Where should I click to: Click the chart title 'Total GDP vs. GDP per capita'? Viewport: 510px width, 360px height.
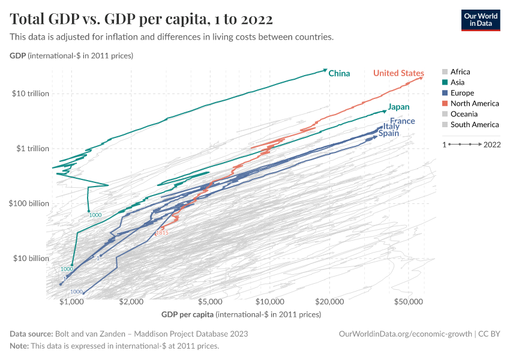(142, 20)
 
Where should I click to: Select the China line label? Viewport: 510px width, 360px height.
(339, 74)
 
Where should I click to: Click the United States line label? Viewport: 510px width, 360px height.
(398, 73)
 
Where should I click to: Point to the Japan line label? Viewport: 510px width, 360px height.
(398, 107)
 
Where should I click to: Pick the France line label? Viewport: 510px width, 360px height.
(402, 121)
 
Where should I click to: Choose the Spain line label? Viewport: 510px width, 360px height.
(388, 134)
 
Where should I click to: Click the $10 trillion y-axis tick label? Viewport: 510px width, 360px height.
(29, 94)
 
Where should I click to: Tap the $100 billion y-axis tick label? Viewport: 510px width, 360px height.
(29, 203)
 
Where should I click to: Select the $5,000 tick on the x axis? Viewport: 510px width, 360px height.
(210, 301)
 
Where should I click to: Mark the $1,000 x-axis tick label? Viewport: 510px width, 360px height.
(71, 301)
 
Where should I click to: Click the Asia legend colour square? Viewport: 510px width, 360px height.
(444, 82)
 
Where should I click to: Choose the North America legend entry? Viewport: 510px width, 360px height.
(474, 104)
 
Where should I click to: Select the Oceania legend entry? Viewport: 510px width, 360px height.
(464, 114)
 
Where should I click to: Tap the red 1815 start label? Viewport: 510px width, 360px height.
(162, 233)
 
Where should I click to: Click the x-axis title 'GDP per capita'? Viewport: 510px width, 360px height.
(187, 314)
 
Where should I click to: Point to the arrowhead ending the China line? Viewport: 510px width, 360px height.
(325, 70)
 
